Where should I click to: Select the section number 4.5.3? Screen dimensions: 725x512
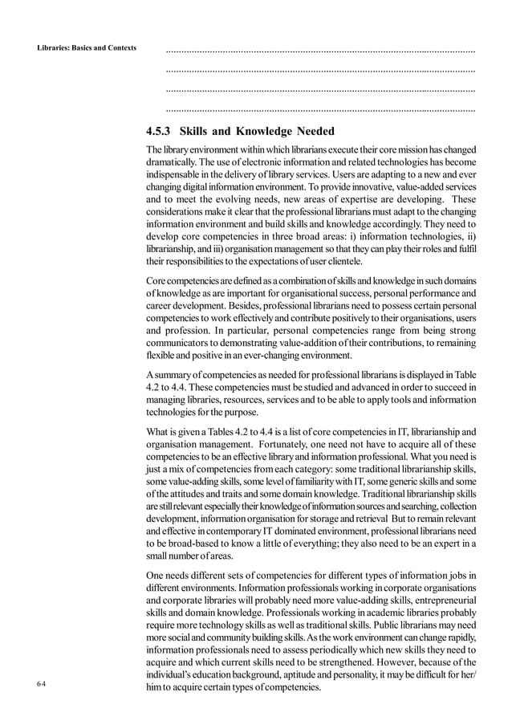(159, 132)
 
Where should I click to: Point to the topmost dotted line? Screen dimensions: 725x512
(319, 50)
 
